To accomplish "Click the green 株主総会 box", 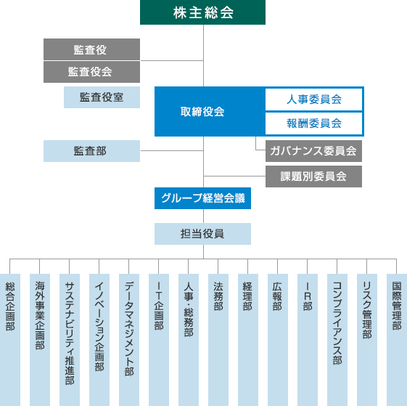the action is [202, 12].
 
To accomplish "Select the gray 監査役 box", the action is [91, 49].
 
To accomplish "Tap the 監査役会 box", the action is [91, 72].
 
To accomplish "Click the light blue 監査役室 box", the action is [102, 97].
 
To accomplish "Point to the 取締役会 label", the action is [202, 112].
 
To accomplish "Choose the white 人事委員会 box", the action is [313, 100].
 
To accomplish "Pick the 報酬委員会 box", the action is [313, 123].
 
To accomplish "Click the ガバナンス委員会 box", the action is [313, 151].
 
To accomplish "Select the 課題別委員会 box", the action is [313, 176].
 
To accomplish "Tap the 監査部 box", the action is [91, 151].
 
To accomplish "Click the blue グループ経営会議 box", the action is [202, 198].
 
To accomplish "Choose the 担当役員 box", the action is [202, 234].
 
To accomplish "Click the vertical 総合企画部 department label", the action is [10, 306].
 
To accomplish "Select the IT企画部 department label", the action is [159, 306].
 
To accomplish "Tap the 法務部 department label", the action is [218, 296].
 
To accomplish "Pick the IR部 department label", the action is [308, 296].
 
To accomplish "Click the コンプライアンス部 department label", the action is [337, 323].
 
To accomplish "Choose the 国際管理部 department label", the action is [397, 306].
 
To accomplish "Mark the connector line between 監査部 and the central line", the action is [172, 150].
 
